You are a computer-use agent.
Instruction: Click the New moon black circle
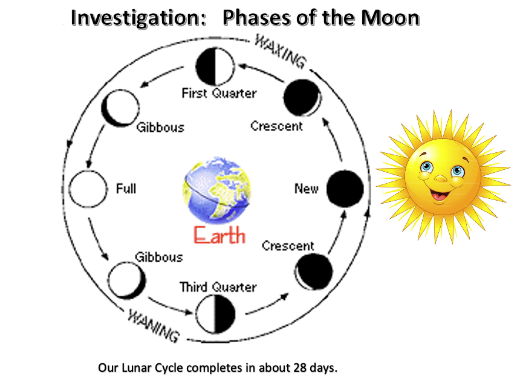345,189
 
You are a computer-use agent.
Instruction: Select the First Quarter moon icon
214,68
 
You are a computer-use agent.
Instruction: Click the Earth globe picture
216,190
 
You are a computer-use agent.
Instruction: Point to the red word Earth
219,234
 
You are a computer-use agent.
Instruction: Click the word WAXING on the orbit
281,53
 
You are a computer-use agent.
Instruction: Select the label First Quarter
219,94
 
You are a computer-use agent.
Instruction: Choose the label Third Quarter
218,287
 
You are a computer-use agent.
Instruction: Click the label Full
126,189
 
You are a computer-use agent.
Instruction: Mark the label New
306,189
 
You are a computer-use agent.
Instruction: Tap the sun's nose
441,178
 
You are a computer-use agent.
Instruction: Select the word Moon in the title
390,18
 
